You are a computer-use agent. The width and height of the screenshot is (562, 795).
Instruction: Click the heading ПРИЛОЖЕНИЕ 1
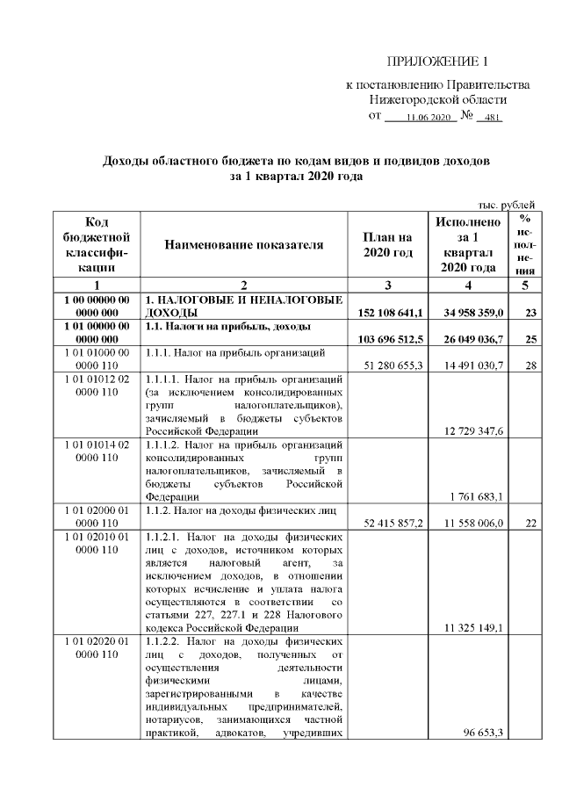click(436, 61)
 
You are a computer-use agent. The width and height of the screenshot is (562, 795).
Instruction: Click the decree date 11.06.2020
click(429, 117)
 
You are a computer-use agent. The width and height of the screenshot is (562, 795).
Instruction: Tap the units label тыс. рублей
click(505, 205)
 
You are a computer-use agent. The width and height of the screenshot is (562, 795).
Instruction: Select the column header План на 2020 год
click(387, 245)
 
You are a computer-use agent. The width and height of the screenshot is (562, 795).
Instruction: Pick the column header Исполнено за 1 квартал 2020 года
click(464, 245)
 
